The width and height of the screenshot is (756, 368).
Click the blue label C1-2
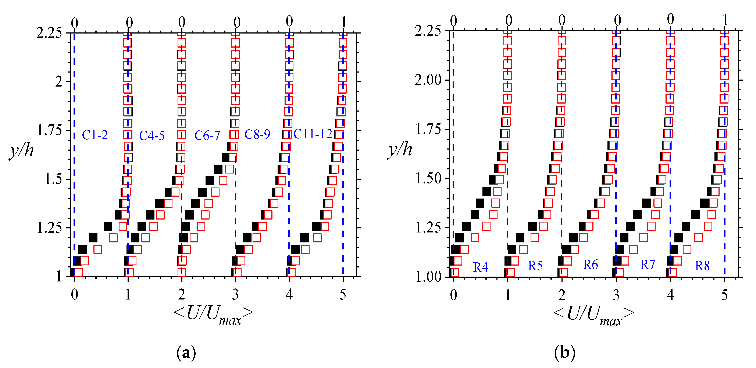[95, 135]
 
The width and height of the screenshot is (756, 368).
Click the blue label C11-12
[313, 134]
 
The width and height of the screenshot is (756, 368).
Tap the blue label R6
[590, 265]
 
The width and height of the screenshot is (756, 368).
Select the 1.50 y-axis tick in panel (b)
[428, 178]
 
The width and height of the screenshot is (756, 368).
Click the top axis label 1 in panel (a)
[343, 22]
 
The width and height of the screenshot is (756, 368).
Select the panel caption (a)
[186, 352]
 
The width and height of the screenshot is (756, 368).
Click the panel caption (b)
[565, 352]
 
